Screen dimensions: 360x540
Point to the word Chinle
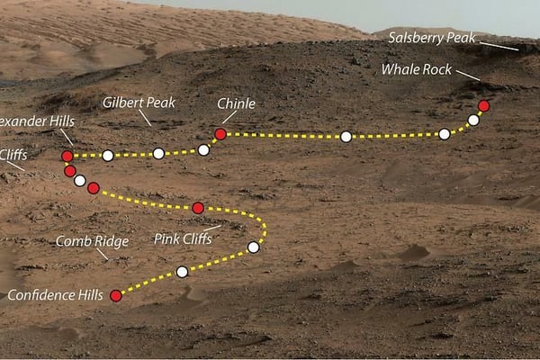236,103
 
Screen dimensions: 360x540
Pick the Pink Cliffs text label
183,239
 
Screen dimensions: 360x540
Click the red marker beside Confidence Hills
115,295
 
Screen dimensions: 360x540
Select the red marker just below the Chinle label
220,134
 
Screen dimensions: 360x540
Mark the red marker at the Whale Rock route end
483,105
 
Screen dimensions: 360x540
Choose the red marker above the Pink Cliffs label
198,208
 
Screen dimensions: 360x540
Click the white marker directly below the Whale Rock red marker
473,120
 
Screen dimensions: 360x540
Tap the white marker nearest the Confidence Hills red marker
182,271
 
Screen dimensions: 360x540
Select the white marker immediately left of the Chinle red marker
203,149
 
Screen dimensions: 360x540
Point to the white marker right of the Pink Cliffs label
253,247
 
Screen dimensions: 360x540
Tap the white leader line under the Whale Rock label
467,75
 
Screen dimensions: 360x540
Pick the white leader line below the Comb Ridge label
102,255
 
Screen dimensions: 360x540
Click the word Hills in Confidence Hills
85,294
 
